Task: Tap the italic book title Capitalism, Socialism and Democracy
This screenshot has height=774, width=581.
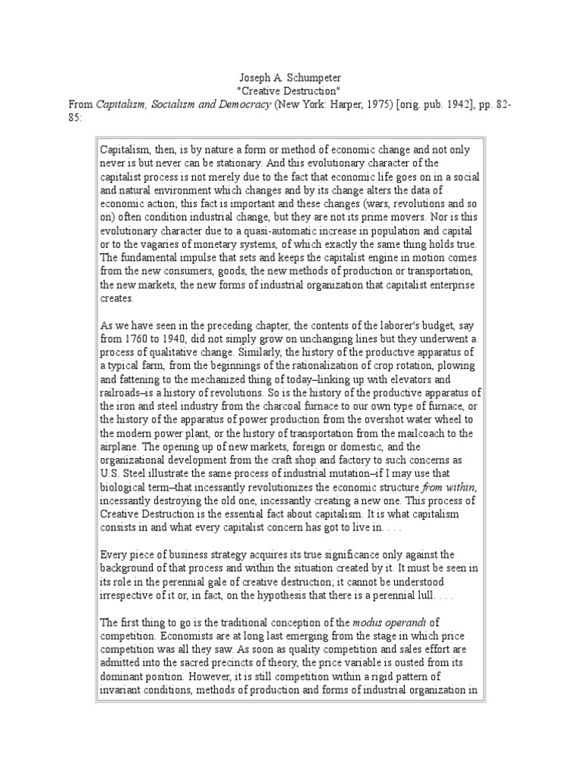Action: point(182,104)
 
